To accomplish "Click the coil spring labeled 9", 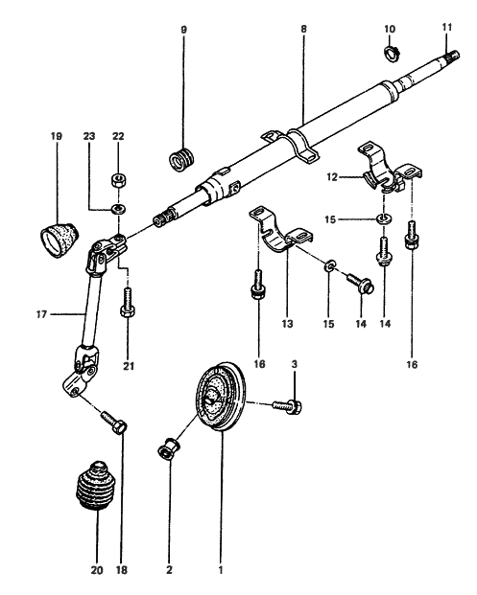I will pyautogui.click(x=180, y=158).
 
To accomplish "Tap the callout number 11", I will pyautogui.click(x=446, y=27).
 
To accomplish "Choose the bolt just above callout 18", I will pyautogui.click(x=116, y=424).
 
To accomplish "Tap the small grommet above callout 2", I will pyautogui.click(x=169, y=447).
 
